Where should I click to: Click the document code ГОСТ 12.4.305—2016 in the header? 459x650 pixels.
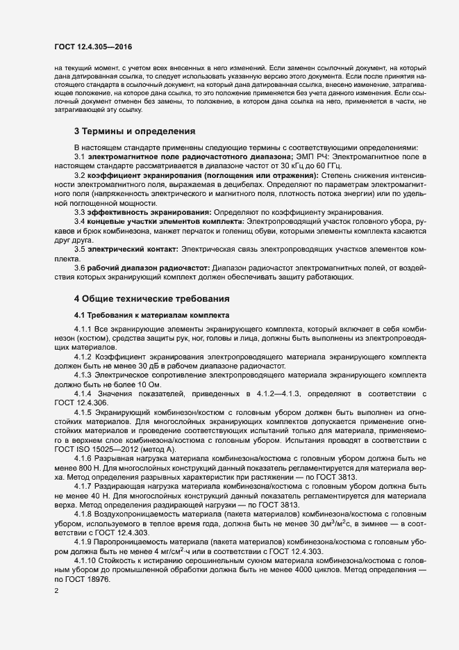93,46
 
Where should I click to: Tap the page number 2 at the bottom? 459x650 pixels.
56,591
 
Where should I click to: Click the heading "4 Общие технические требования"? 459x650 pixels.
151,298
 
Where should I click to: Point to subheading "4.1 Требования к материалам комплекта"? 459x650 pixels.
142,315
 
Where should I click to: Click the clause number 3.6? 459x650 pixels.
80,268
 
